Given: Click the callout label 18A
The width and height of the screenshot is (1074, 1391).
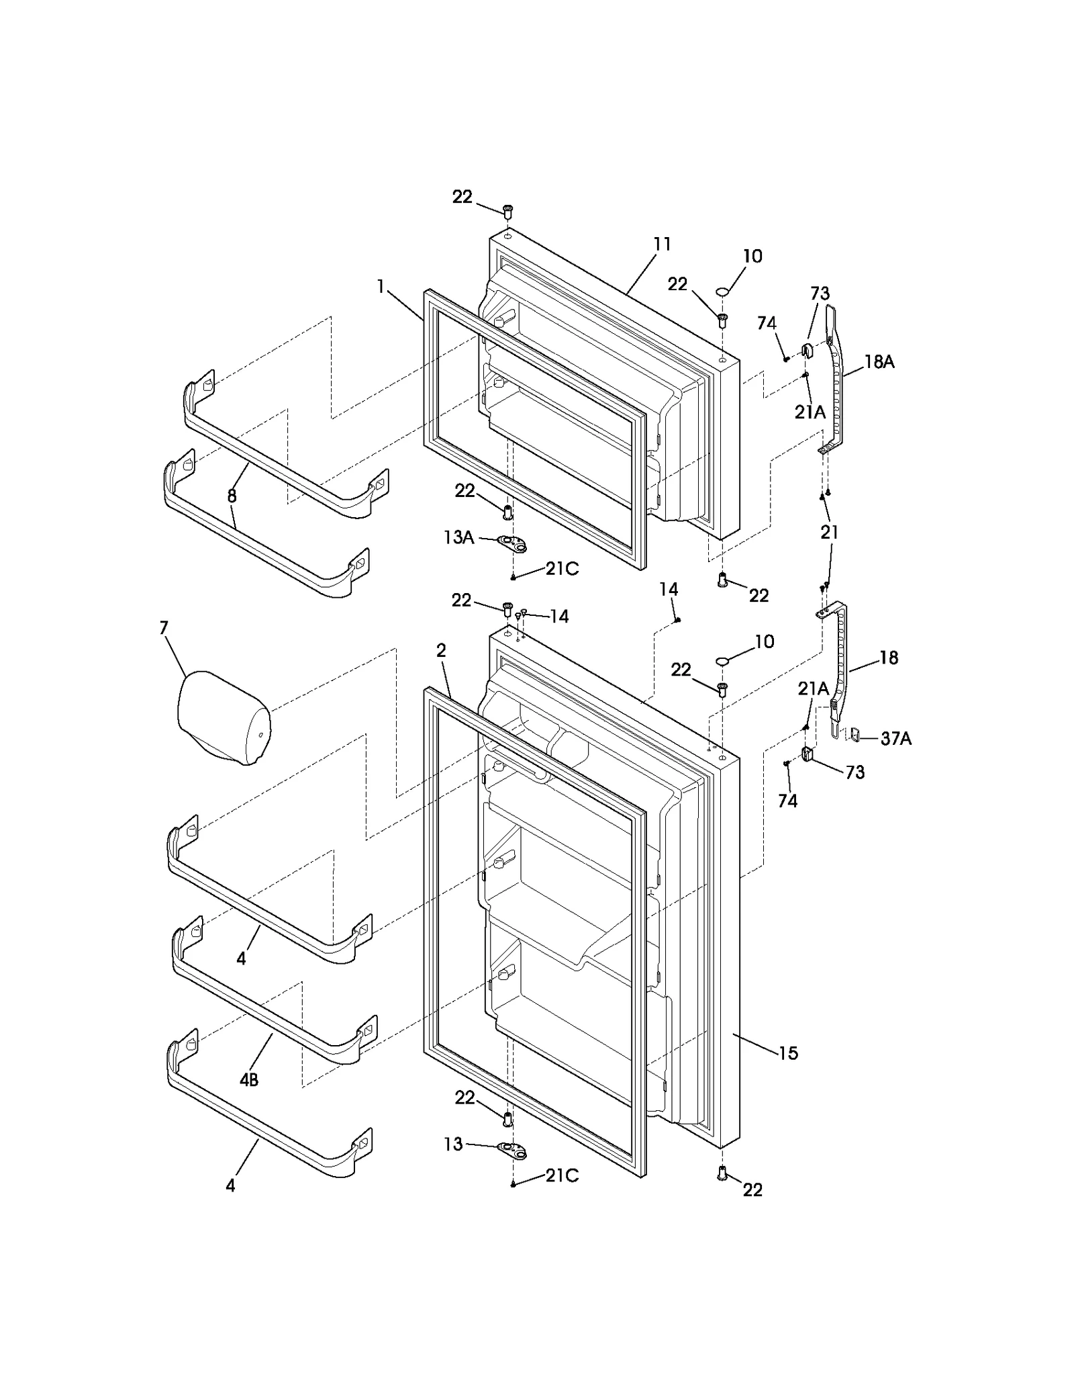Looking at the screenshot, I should point(879,362).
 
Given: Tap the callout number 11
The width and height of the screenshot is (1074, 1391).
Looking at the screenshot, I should point(662,244).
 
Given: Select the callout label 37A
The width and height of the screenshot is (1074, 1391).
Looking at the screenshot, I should point(895,739).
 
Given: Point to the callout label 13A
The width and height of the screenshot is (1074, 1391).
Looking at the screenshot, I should point(458,537).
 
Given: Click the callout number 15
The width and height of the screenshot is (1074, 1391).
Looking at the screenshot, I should point(788,1052).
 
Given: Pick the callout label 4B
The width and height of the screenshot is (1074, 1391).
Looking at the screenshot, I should point(248,1079).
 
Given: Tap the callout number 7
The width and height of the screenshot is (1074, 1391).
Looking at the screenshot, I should point(164,627).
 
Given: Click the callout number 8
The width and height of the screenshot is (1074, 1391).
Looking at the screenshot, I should point(232,496).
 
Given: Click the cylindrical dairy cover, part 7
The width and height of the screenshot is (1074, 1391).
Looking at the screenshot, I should point(224,717).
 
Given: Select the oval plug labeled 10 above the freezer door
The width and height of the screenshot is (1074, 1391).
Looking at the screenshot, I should point(722,292).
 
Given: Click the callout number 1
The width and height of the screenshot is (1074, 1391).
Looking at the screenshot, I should point(381,287).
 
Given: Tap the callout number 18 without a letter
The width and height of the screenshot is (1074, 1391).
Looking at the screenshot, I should point(889,658).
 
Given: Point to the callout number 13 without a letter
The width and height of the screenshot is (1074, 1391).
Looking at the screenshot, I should point(453,1144).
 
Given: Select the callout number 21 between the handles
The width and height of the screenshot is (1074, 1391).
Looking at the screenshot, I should point(830,532).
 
